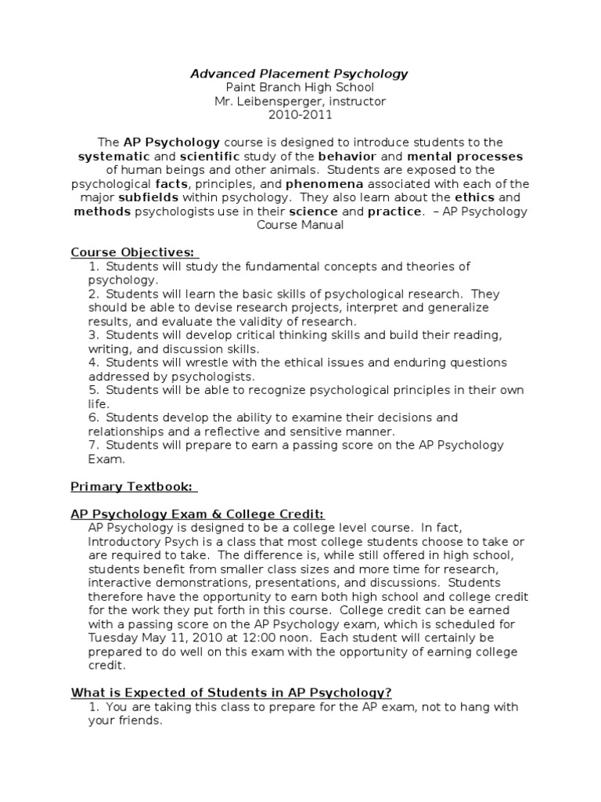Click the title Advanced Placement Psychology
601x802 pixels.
coord(300,74)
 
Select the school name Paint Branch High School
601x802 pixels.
coord(300,88)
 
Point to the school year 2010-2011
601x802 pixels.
coord(300,115)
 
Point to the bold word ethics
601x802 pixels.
coord(477,197)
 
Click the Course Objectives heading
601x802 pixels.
coord(133,252)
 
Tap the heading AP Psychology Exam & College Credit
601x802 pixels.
coord(197,514)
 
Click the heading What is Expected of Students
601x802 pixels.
coord(231,692)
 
